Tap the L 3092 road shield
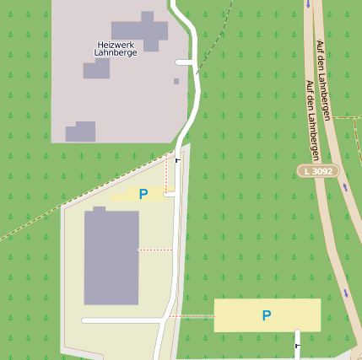[x=318, y=171]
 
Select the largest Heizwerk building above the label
[x=140, y=31]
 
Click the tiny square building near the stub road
[x=176, y=81]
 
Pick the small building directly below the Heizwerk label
[x=96, y=68]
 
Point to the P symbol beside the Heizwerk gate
[x=143, y=194]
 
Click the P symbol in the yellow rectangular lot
[x=267, y=316]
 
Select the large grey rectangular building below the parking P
[x=111, y=257]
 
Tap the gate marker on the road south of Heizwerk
[x=177, y=159]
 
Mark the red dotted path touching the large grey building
[x=155, y=250]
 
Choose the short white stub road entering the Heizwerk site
[x=185, y=62]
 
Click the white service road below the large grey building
[x=122, y=321]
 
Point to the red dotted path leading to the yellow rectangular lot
[x=192, y=316]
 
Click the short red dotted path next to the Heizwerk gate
[x=165, y=176]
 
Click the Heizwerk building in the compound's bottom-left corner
[x=80, y=132]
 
